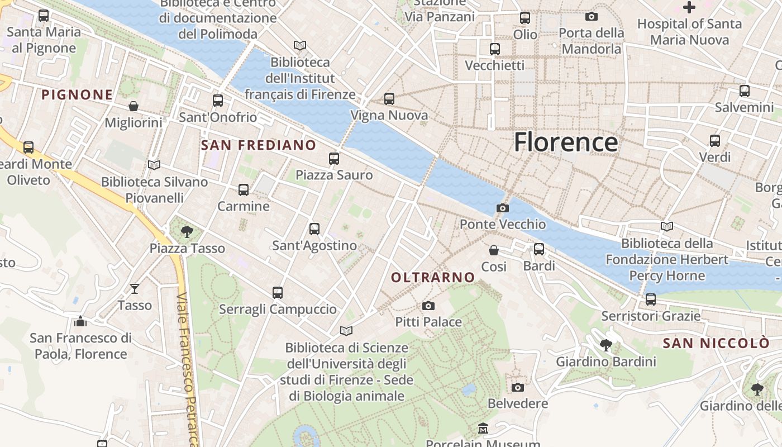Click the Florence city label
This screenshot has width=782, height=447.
(x=565, y=142)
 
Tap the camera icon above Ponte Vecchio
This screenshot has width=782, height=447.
(x=502, y=208)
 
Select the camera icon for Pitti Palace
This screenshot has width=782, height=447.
(x=428, y=306)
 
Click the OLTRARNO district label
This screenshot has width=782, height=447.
(x=433, y=277)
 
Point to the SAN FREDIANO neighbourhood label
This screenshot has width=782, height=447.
(x=259, y=145)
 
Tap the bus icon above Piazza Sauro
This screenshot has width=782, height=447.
(x=334, y=159)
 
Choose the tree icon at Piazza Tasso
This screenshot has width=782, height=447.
(x=187, y=231)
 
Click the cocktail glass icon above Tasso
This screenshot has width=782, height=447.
(x=135, y=288)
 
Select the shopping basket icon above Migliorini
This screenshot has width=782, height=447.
(x=133, y=106)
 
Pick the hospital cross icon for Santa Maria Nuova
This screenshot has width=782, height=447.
(x=689, y=7)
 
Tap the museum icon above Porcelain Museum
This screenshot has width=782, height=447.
(x=483, y=429)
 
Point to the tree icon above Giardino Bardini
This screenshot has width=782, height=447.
(x=605, y=345)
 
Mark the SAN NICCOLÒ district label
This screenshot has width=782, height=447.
(x=716, y=343)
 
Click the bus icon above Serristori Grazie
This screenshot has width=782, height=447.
(x=651, y=299)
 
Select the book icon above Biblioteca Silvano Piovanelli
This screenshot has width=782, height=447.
(x=154, y=165)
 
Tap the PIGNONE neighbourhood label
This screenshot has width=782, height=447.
(x=78, y=94)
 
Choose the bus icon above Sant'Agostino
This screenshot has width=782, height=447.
(x=314, y=229)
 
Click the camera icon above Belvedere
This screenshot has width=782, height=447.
(x=518, y=387)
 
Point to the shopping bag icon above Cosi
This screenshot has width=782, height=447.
(x=494, y=250)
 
